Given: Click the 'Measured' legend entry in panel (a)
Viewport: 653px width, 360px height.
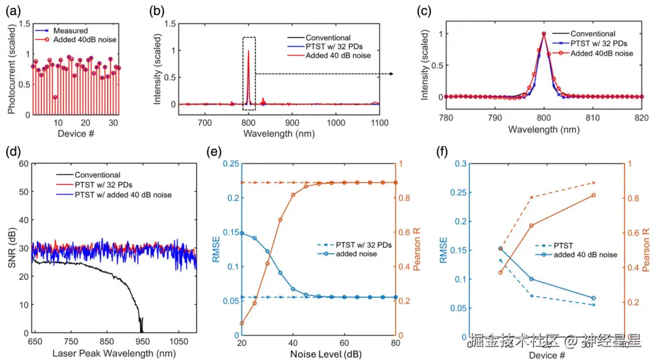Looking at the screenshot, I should coord(69,30).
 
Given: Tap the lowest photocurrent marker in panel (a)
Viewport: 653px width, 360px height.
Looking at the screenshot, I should coord(55,97).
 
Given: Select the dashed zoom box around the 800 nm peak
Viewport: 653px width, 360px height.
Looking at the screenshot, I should coord(249,73).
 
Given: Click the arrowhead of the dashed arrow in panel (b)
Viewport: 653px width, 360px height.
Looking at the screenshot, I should coord(391,74).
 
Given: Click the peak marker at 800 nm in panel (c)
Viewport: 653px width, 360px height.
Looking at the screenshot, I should coord(544,34).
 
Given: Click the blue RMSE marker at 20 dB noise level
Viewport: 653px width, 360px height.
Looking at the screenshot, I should coord(242,233).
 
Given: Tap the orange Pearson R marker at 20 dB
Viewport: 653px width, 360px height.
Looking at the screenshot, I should coord(242,323).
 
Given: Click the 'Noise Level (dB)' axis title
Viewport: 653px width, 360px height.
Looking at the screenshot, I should coord(318,353).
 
